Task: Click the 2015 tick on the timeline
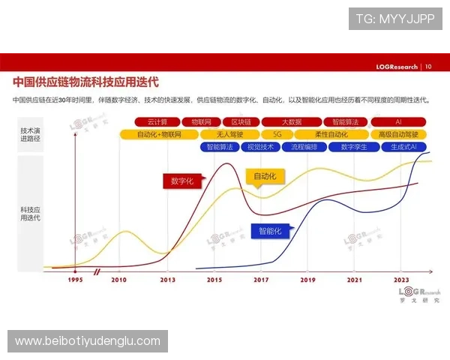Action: coord(214,279)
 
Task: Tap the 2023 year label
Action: coord(400,279)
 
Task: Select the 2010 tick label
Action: coord(118,279)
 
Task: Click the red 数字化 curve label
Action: coord(181,181)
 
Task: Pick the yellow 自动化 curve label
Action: coord(265,177)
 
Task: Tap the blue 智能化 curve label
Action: coord(270,231)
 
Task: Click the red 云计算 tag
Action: coord(157,121)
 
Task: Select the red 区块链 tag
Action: coord(241,121)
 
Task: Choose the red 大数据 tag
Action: coord(292,121)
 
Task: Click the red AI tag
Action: coord(397,121)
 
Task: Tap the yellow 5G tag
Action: coord(277,134)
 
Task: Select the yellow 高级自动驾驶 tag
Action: coord(397,134)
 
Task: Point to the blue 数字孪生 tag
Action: coord(354,147)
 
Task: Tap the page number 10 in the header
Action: coord(428,66)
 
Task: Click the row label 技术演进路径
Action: coord(31,135)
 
